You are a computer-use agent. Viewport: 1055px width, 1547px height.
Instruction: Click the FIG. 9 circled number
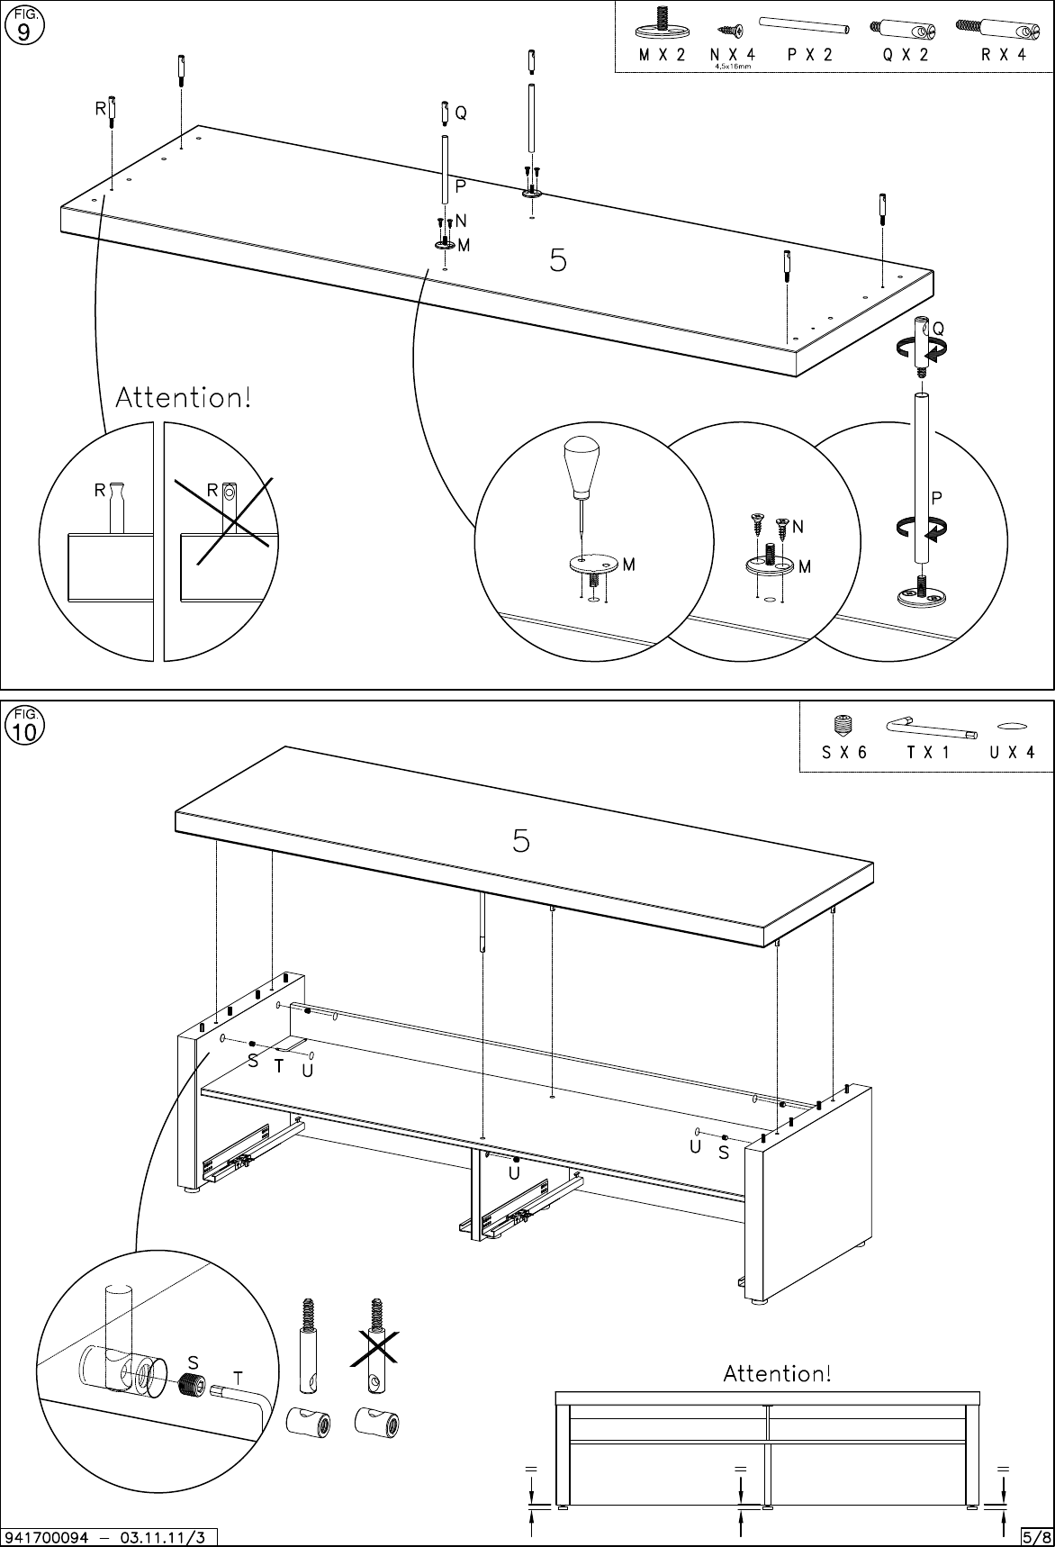point(23,31)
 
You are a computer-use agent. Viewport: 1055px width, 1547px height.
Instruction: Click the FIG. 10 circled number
point(24,731)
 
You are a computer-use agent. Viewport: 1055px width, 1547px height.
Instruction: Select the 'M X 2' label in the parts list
point(662,55)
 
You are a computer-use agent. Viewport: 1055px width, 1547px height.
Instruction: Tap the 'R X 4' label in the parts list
point(1004,55)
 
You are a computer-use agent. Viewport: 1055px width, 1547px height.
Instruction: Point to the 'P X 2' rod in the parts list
point(806,24)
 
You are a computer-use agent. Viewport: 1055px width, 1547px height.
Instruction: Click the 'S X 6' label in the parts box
point(843,753)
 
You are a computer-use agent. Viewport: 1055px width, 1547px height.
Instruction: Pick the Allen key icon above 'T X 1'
point(931,727)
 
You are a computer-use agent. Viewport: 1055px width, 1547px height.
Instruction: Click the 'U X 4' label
point(1012,753)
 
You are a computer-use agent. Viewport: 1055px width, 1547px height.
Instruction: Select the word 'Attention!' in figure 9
point(184,398)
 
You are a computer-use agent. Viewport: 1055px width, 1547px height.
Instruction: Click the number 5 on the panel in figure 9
point(558,261)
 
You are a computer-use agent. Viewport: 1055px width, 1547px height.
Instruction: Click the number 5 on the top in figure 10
point(521,840)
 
